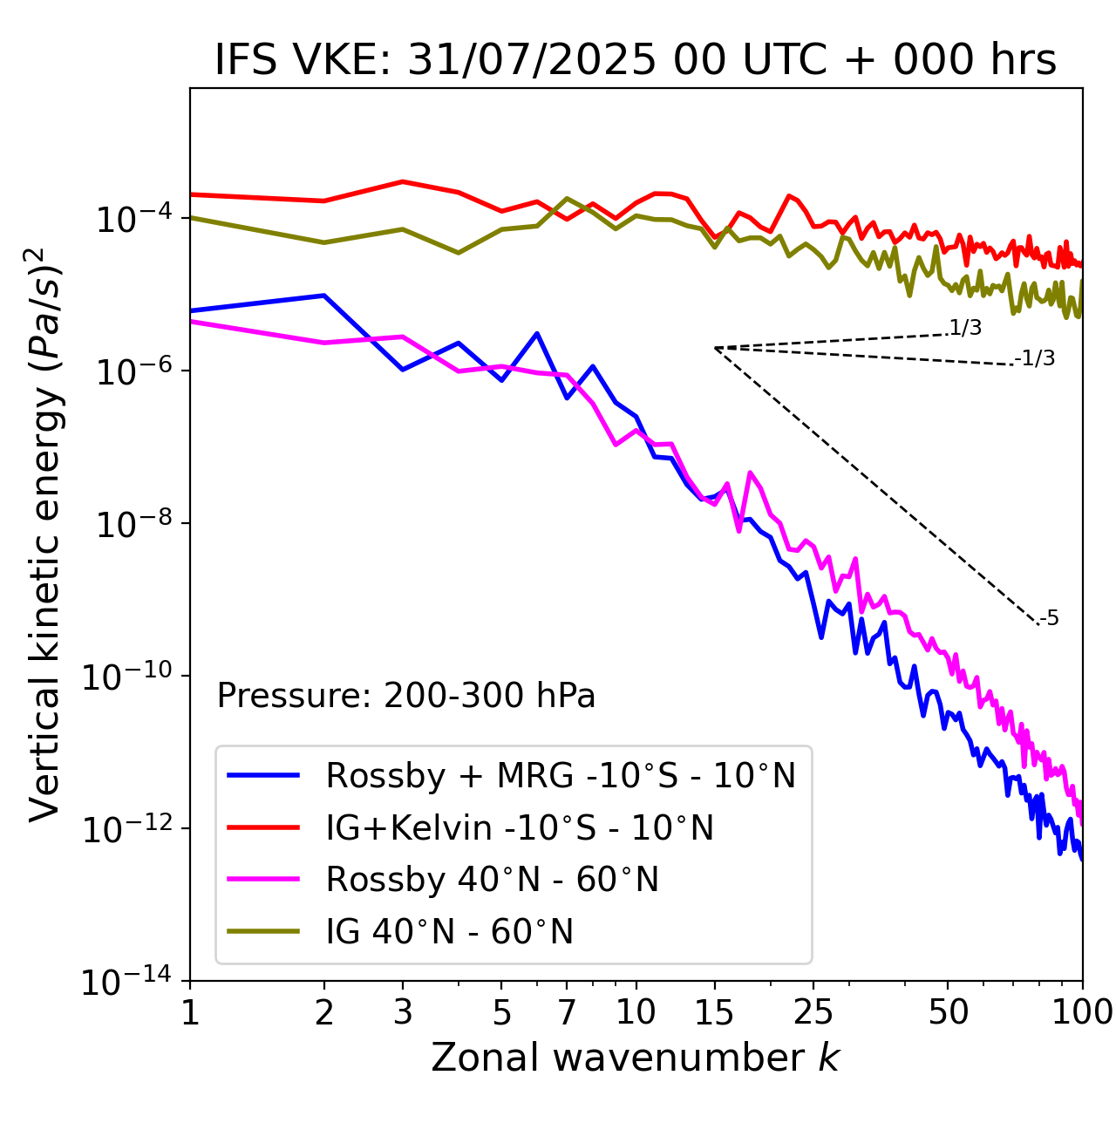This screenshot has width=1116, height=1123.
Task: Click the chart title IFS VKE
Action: pyautogui.click(x=636, y=60)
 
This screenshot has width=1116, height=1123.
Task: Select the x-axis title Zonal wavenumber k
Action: pyautogui.click(x=636, y=1058)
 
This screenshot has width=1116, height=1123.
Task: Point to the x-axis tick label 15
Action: pyautogui.click(x=714, y=1011)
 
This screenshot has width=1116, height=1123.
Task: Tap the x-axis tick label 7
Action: pyautogui.click(x=567, y=1011)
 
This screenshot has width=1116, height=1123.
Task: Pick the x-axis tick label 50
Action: pyautogui.click(x=948, y=1011)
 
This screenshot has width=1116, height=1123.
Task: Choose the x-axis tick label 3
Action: pyautogui.click(x=403, y=1011)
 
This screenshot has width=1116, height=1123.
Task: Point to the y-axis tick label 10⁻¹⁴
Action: pyautogui.click(x=126, y=982)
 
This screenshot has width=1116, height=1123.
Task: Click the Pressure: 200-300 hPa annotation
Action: pyautogui.click(x=406, y=696)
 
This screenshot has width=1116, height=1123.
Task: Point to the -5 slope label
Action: pyautogui.click(x=1050, y=618)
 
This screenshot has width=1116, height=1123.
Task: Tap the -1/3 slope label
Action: pyautogui.click(x=1036, y=357)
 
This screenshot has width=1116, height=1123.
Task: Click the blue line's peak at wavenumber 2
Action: pyautogui.click(x=324, y=296)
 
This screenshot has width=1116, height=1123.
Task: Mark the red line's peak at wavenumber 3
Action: pyautogui.click(x=403, y=181)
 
